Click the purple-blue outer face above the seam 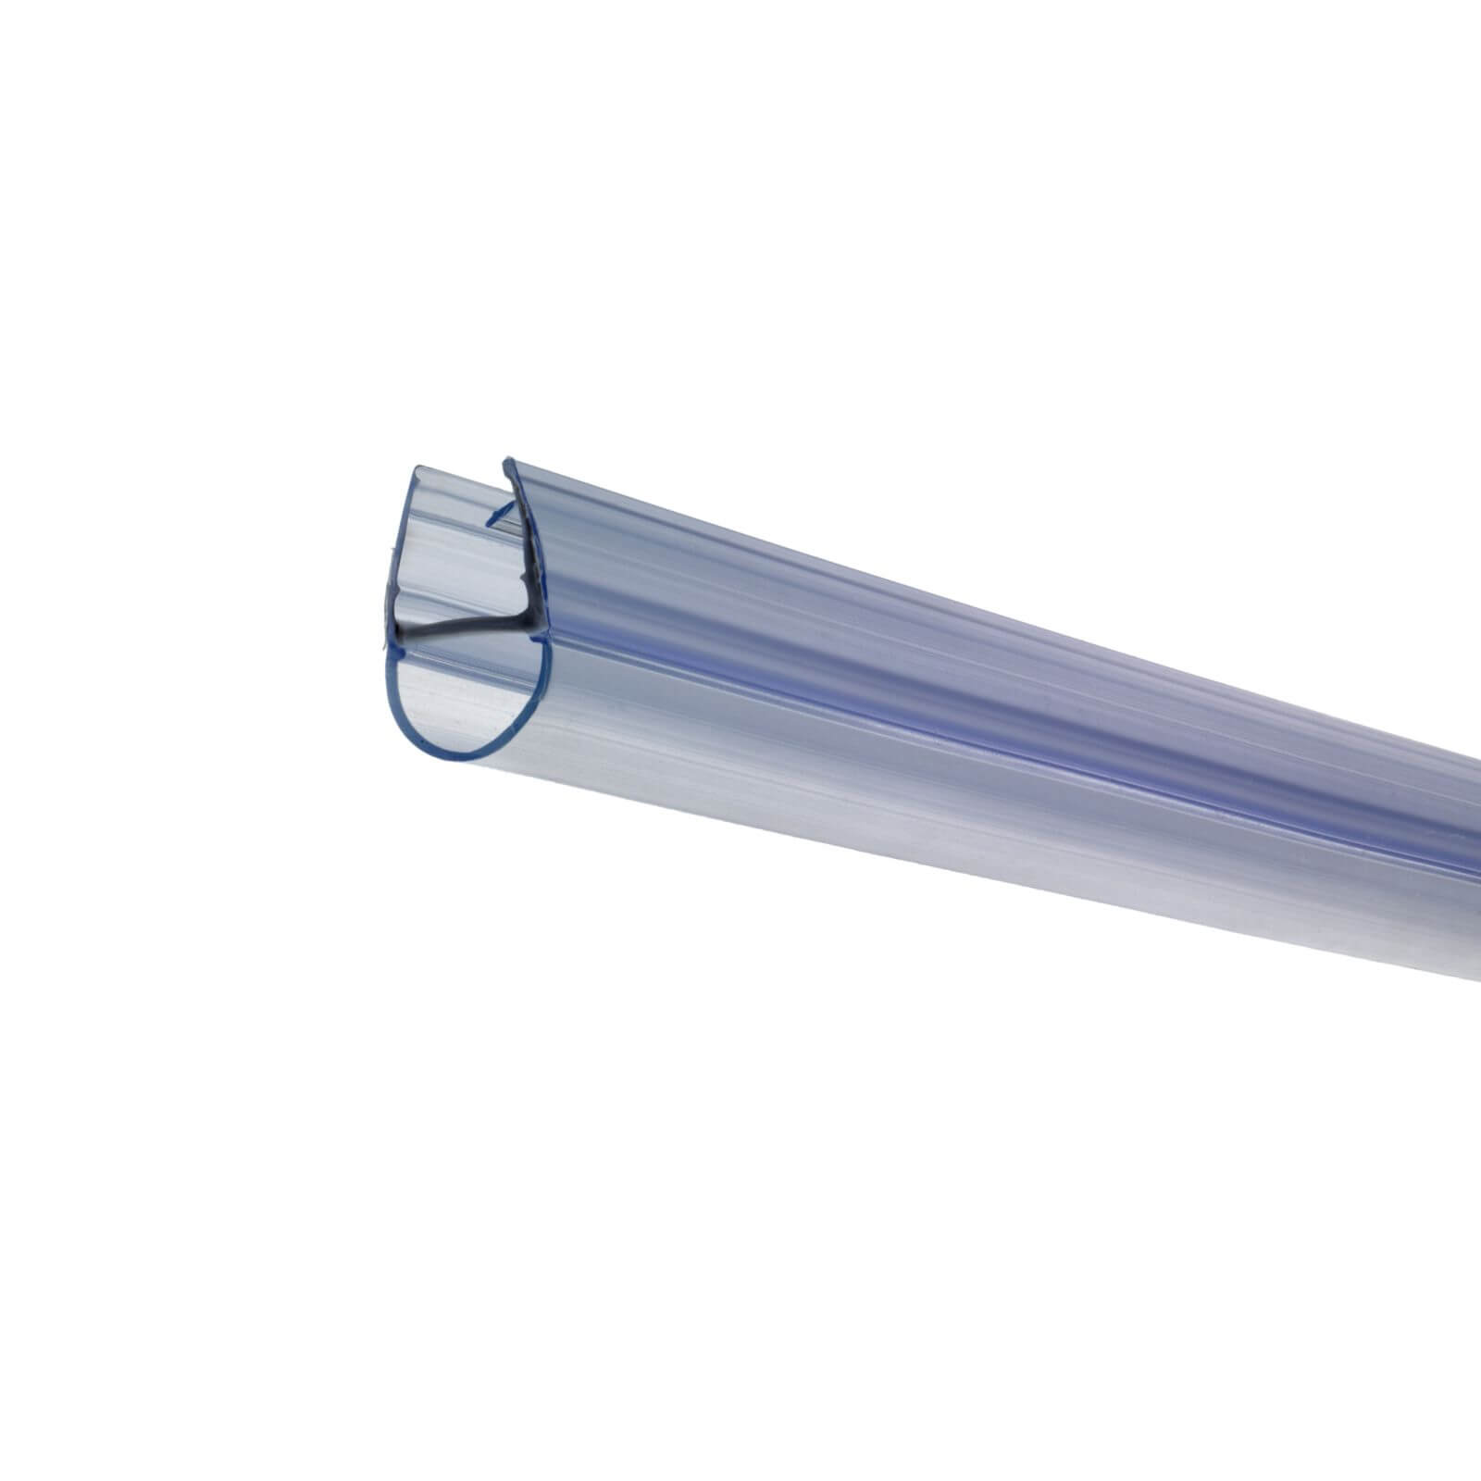(x=926, y=648)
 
